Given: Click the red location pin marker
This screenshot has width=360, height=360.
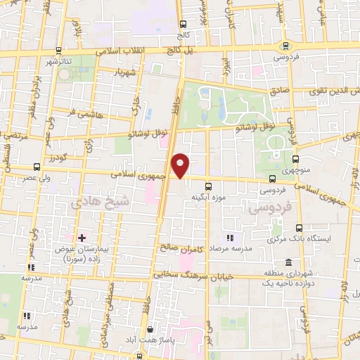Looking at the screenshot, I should (x=181, y=165).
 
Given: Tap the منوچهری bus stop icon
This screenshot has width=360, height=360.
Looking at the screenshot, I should (x=296, y=159).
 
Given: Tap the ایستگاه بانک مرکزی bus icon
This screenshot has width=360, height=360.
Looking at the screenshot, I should (x=300, y=228).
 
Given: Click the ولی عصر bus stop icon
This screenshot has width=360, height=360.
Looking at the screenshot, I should (x=37, y=167).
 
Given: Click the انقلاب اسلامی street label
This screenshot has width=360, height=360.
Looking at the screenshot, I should (x=120, y=51).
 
